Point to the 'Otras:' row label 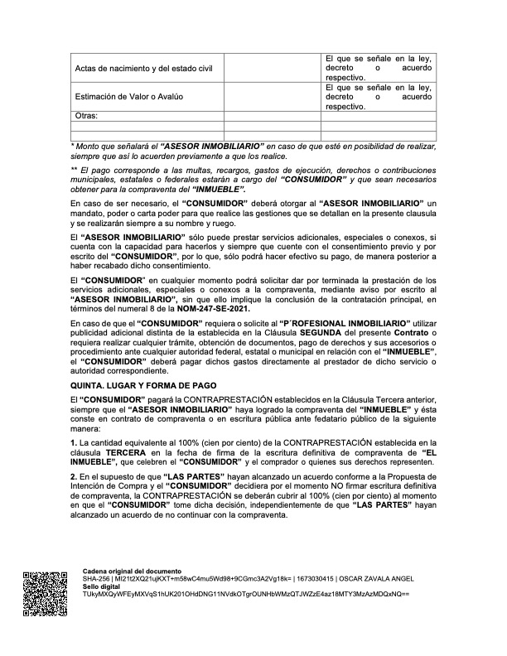click(x=86, y=116)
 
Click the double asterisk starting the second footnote click(x=74, y=170)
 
